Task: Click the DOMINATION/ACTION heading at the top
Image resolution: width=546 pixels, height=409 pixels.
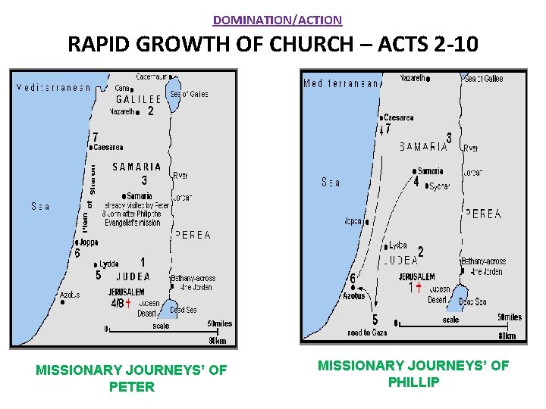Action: [x=278, y=20]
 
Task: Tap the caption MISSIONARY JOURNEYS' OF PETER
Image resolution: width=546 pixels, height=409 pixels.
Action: [x=131, y=379]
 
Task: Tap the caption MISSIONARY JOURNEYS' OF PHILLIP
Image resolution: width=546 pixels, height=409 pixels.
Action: [x=413, y=374]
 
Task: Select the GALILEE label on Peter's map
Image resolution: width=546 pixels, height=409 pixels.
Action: [x=138, y=99]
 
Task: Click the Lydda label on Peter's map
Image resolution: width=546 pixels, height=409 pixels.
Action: [x=108, y=264]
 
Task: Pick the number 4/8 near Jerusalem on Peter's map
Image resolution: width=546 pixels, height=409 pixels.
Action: [x=117, y=303]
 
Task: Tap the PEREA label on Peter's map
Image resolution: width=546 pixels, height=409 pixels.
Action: [x=193, y=236]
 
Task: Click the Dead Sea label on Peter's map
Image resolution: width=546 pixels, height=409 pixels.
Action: [x=184, y=310]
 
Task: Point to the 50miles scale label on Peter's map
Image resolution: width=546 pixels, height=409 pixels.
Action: [x=218, y=323]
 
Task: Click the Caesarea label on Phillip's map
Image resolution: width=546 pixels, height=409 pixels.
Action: [x=399, y=118]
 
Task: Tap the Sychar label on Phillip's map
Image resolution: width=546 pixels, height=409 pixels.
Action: [x=439, y=186]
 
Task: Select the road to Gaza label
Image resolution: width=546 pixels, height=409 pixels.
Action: [x=369, y=333]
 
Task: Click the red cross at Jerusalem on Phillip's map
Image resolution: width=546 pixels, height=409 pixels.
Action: [x=419, y=287]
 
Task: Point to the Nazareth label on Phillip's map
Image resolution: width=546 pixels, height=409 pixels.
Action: [x=413, y=78]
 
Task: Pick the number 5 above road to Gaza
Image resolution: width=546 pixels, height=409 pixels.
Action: [x=375, y=320]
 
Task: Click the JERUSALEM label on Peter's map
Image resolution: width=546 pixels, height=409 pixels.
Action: [x=126, y=292]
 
